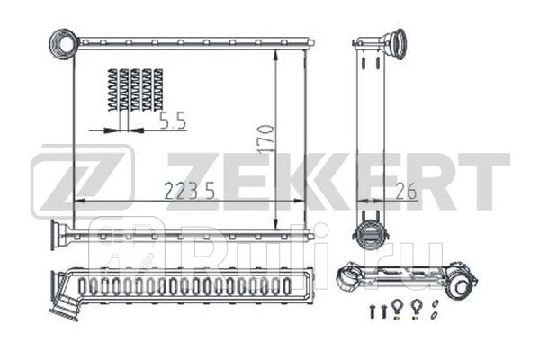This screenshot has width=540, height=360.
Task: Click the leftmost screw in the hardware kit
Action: [x=371, y=310]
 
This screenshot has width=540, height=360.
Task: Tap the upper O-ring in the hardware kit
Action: [x=435, y=302]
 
